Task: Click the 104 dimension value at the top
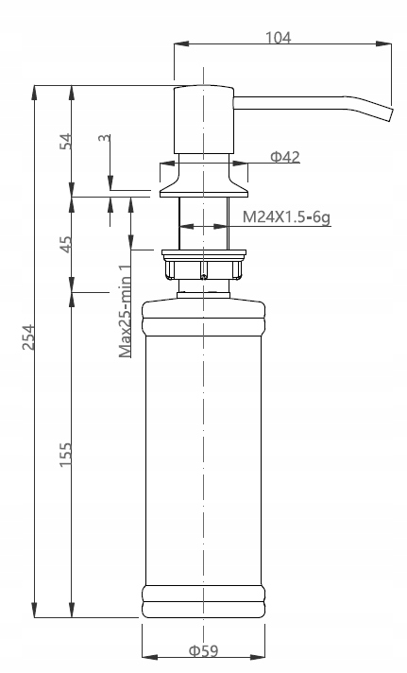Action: pos(278,38)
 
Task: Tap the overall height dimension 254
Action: pos(28,337)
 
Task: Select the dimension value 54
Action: pos(65,142)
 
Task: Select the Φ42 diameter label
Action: pos(284,157)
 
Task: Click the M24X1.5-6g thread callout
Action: pos(285,216)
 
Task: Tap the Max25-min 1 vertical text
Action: pos(125,312)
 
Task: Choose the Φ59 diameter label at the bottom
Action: pos(202,650)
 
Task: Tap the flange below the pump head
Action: pos(203,181)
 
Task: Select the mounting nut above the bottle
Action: pos(203,266)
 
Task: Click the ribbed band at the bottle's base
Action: pos(203,599)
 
